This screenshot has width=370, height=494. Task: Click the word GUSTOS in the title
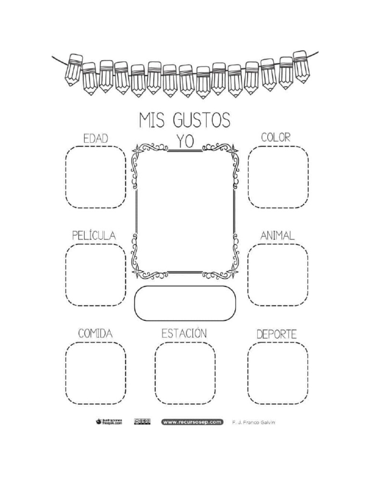point(202,120)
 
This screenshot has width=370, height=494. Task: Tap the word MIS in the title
point(152,120)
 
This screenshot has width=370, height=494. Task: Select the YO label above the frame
point(185,141)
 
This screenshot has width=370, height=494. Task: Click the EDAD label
point(96,138)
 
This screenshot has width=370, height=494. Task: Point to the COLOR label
point(276,137)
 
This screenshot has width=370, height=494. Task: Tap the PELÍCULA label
point(94,235)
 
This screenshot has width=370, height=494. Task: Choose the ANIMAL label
point(277,235)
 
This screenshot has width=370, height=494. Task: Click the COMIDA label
point(95,333)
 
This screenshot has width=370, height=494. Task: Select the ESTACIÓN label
point(184,333)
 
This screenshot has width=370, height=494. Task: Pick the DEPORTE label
point(277,334)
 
